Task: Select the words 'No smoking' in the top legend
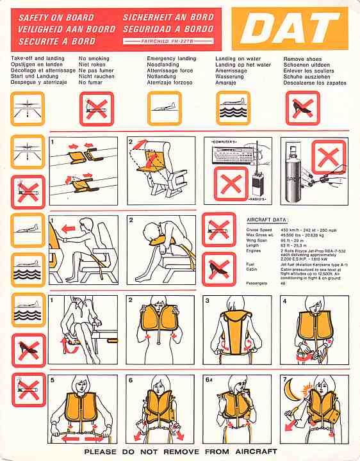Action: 94,59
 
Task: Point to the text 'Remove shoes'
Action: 302,59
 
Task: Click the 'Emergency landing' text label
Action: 171,59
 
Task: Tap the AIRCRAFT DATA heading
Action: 267,220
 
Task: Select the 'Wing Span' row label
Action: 258,239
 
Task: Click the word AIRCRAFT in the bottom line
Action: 253,452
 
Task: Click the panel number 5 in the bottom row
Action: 53,380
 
